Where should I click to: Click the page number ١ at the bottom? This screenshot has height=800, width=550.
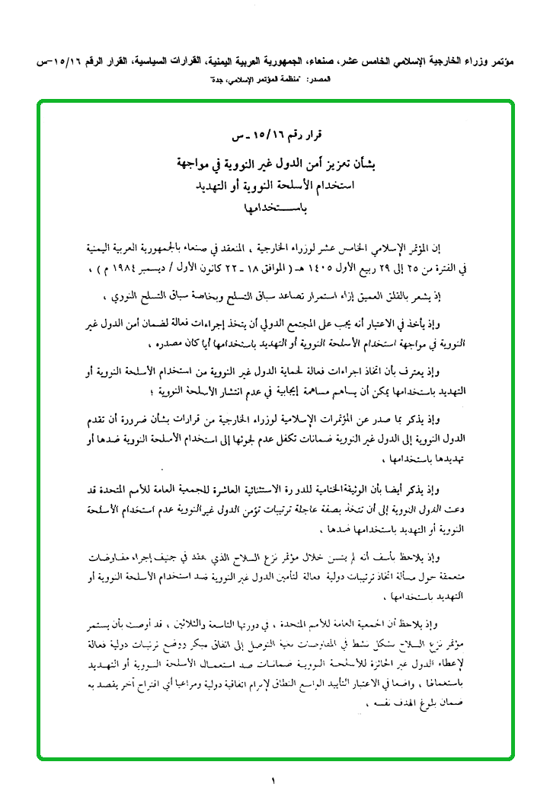pos(272,779)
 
